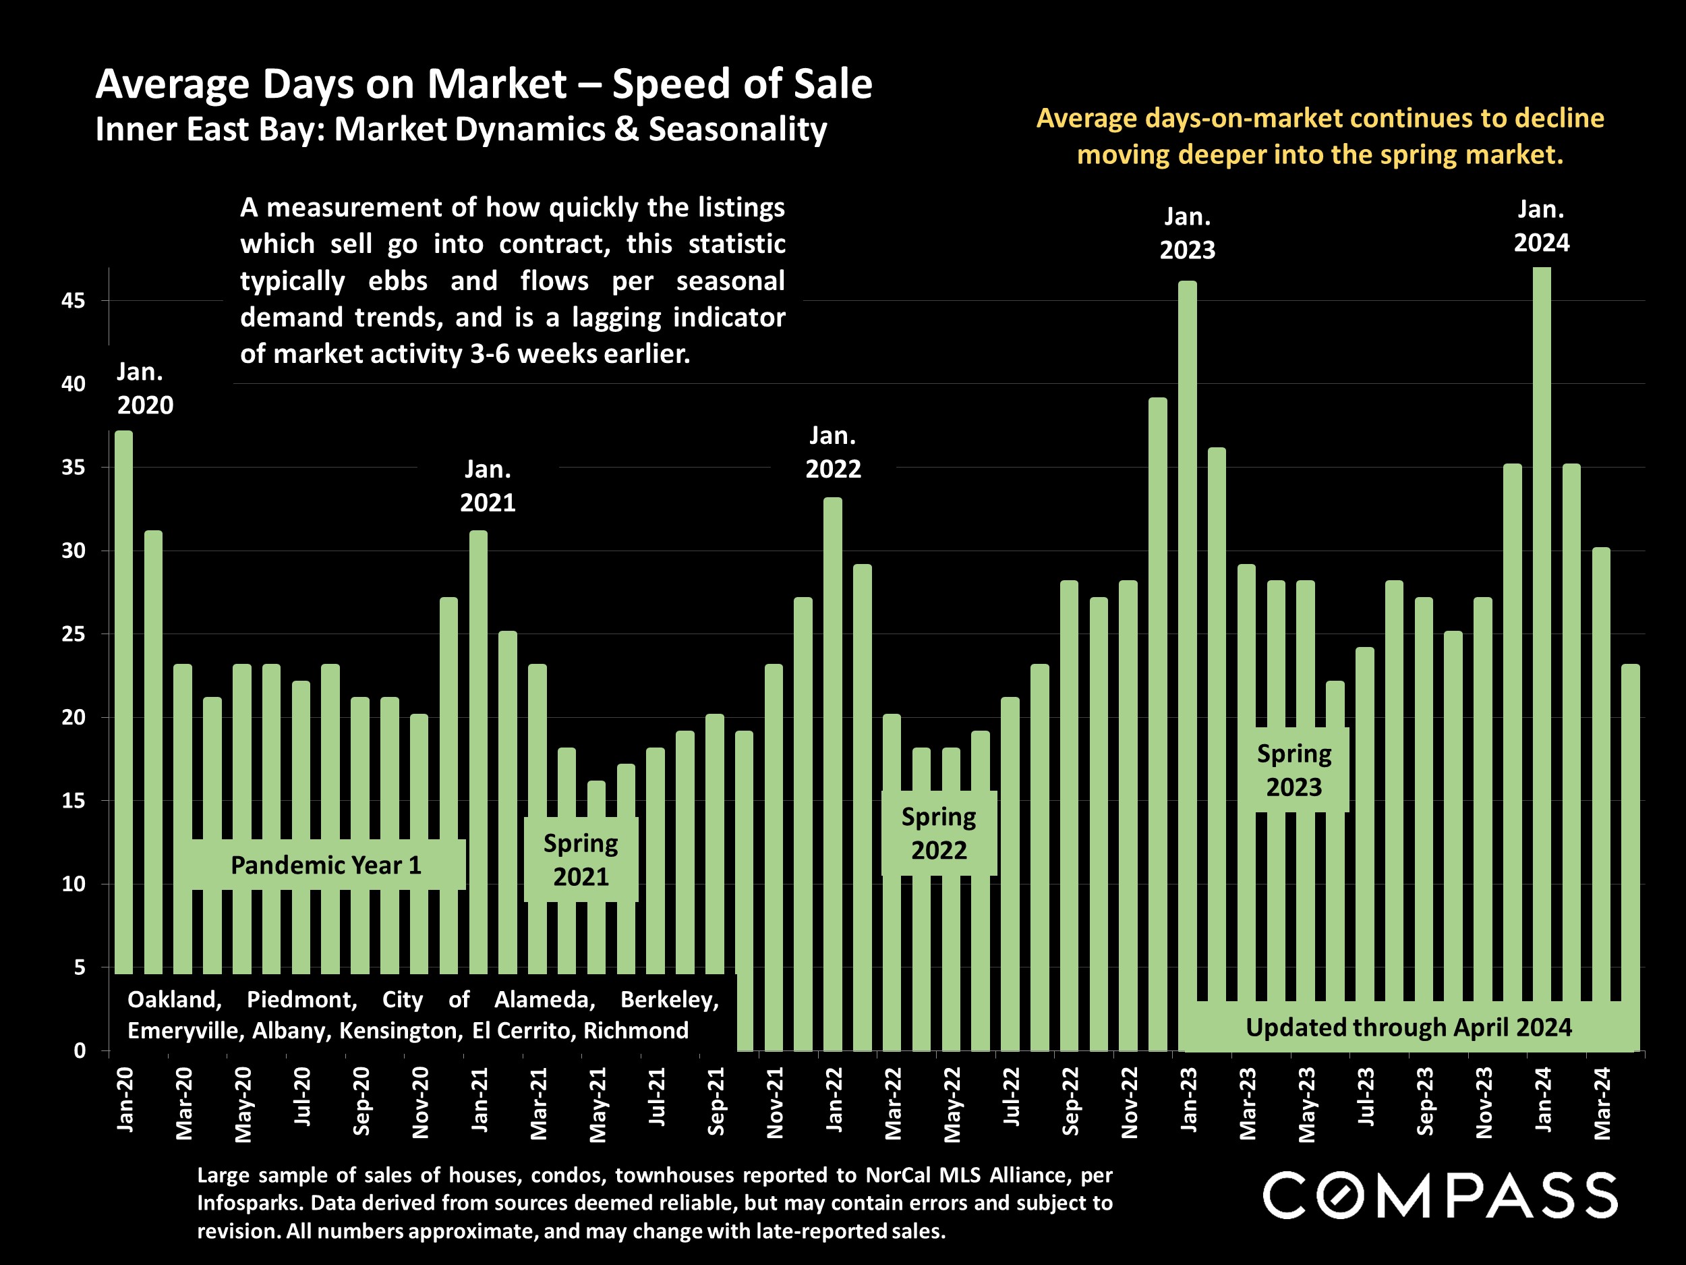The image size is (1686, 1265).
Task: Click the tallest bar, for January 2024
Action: [x=1541, y=610]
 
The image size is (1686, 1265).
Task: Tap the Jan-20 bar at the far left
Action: [x=123, y=686]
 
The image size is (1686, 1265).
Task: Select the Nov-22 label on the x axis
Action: [x=1129, y=1102]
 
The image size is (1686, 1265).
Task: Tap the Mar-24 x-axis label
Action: [x=1602, y=1102]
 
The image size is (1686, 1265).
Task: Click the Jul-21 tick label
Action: [x=656, y=1097]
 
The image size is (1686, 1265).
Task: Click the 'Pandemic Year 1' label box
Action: [x=326, y=865]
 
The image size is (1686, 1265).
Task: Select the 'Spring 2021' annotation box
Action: [x=581, y=860]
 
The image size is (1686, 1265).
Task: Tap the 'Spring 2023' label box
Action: [x=1293, y=770]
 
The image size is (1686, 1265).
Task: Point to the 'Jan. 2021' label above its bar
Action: [x=488, y=486]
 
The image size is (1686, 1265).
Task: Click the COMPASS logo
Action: [x=1440, y=1196]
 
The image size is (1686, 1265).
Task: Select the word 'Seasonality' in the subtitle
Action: [x=737, y=130]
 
